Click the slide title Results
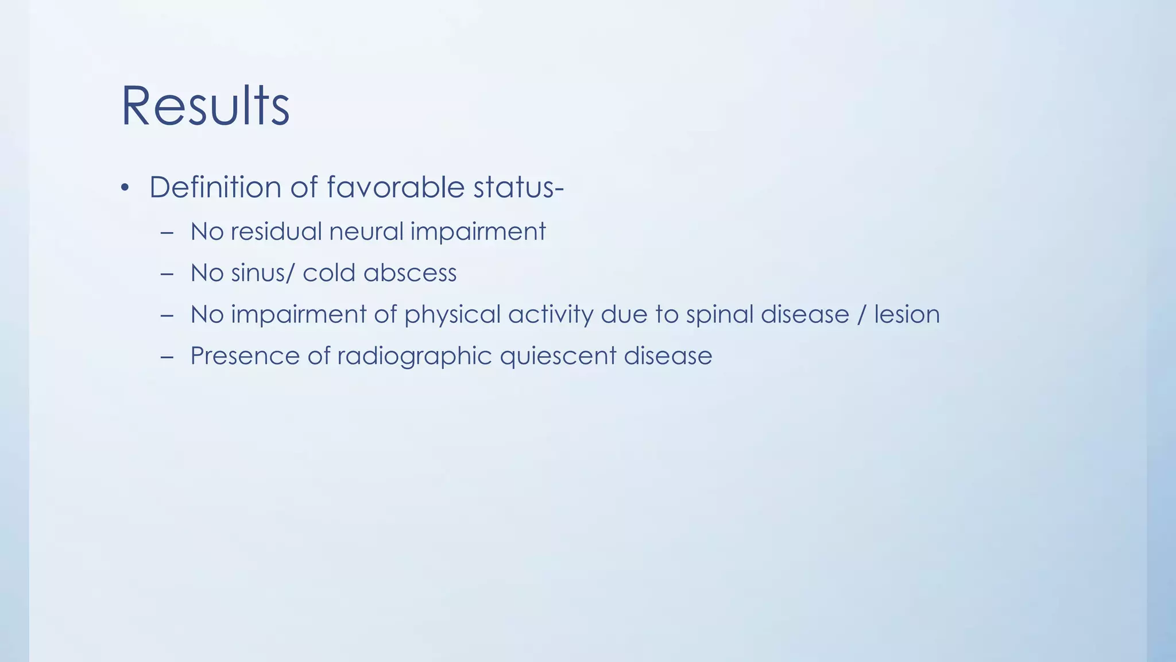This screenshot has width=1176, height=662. [x=205, y=106]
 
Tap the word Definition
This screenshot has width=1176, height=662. [x=215, y=187]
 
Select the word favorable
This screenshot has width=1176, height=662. [x=396, y=187]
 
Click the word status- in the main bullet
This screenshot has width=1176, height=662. [x=519, y=187]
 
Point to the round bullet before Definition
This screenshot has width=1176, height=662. [x=125, y=188]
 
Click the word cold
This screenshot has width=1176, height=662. [x=329, y=273]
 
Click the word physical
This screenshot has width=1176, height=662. [x=452, y=315]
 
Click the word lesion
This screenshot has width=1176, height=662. [x=907, y=314]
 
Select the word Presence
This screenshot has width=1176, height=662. [x=245, y=356]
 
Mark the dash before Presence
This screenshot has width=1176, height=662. [x=167, y=357]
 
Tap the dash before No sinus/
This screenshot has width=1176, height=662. [x=167, y=274]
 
